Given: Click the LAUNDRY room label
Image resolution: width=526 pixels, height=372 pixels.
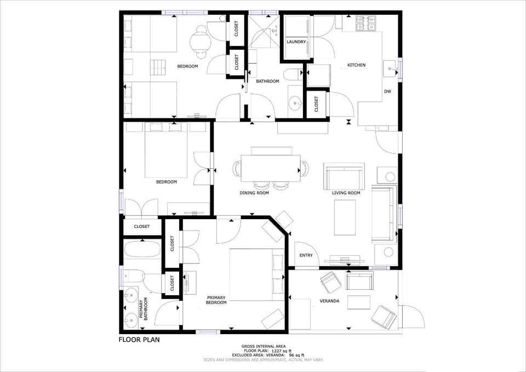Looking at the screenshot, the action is tap(296, 42).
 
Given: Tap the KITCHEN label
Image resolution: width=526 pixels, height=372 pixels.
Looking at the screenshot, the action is tap(356, 65).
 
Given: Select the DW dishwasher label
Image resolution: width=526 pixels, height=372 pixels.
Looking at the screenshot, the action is tap(388, 91).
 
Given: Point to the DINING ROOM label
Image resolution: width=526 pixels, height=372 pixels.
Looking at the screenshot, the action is tap(254, 193).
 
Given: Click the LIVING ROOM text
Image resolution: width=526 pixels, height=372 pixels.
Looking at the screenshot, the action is tap(346, 193).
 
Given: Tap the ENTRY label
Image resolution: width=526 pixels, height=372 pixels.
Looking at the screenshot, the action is tap(306, 255).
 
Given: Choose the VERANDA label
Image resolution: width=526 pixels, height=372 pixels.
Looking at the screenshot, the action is tap(329, 301).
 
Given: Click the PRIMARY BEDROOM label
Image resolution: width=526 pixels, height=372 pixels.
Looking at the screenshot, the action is tap(216, 300).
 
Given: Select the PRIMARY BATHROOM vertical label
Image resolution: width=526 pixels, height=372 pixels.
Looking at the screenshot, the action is tap(144, 309).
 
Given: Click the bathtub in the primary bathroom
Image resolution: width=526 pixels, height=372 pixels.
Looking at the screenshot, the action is tap(142, 249).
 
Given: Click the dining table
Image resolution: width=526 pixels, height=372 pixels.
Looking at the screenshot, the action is tap(271, 168).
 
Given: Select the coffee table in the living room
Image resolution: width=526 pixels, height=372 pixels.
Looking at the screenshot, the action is tap(345, 218).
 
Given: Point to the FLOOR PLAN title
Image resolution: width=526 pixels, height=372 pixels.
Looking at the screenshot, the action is tap(139, 340).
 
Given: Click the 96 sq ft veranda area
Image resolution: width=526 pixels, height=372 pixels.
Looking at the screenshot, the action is tap(296, 355).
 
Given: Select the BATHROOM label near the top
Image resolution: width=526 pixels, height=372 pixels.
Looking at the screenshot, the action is tap(268, 81).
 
